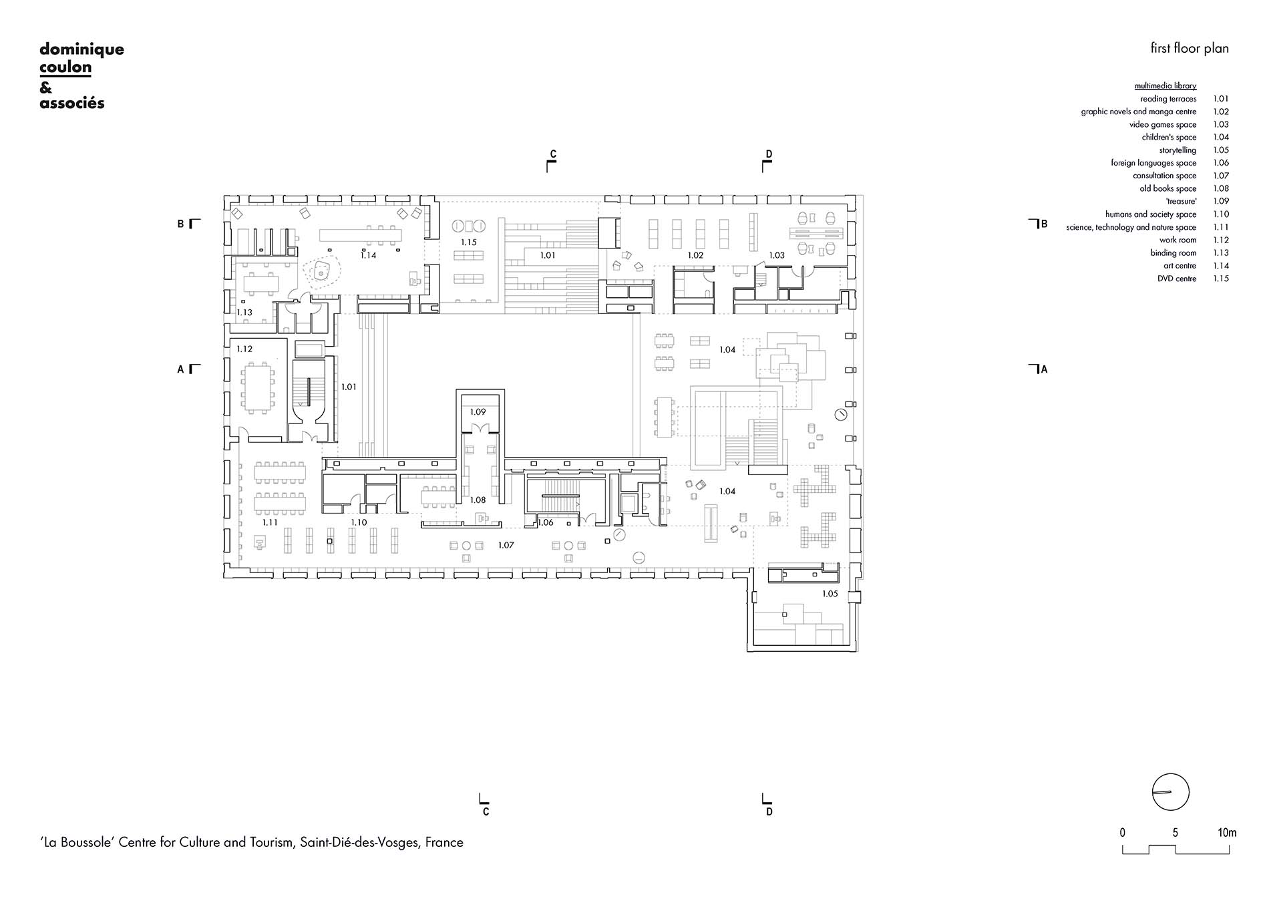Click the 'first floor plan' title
pyautogui.click(x=1189, y=48)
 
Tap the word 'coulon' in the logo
pyautogui.click(x=65, y=68)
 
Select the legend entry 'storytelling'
pyautogui.click(x=1177, y=150)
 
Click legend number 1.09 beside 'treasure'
pyautogui.click(x=1221, y=201)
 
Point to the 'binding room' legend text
pyautogui.click(x=1173, y=253)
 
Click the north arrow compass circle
pyautogui.click(x=1171, y=792)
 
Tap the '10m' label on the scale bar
pyautogui.click(x=1227, y=833)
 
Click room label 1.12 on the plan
pyautogui.click(x=244, y=349)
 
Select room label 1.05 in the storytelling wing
pyautogui.click(x=830, y=594)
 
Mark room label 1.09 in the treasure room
pyautogui.click(x=478, y=412)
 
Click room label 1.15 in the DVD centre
pyautogui.click(x=469, y=242)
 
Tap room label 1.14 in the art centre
pyautogui.click(x=368, y=255)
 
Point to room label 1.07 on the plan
pyautogui.click(x=506, y=546)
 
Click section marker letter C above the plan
pyautogui.click(x=553, y=154)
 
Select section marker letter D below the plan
pyautogui.click(x=769, y=812)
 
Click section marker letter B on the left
pyautogui.click(x=180, y=224)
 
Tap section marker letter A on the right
pyautogui.click(x=1045, y=369)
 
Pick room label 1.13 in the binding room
pyautogui.click(x=244, y=313)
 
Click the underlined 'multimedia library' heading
pyautogui.click(x=1165, y=86)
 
